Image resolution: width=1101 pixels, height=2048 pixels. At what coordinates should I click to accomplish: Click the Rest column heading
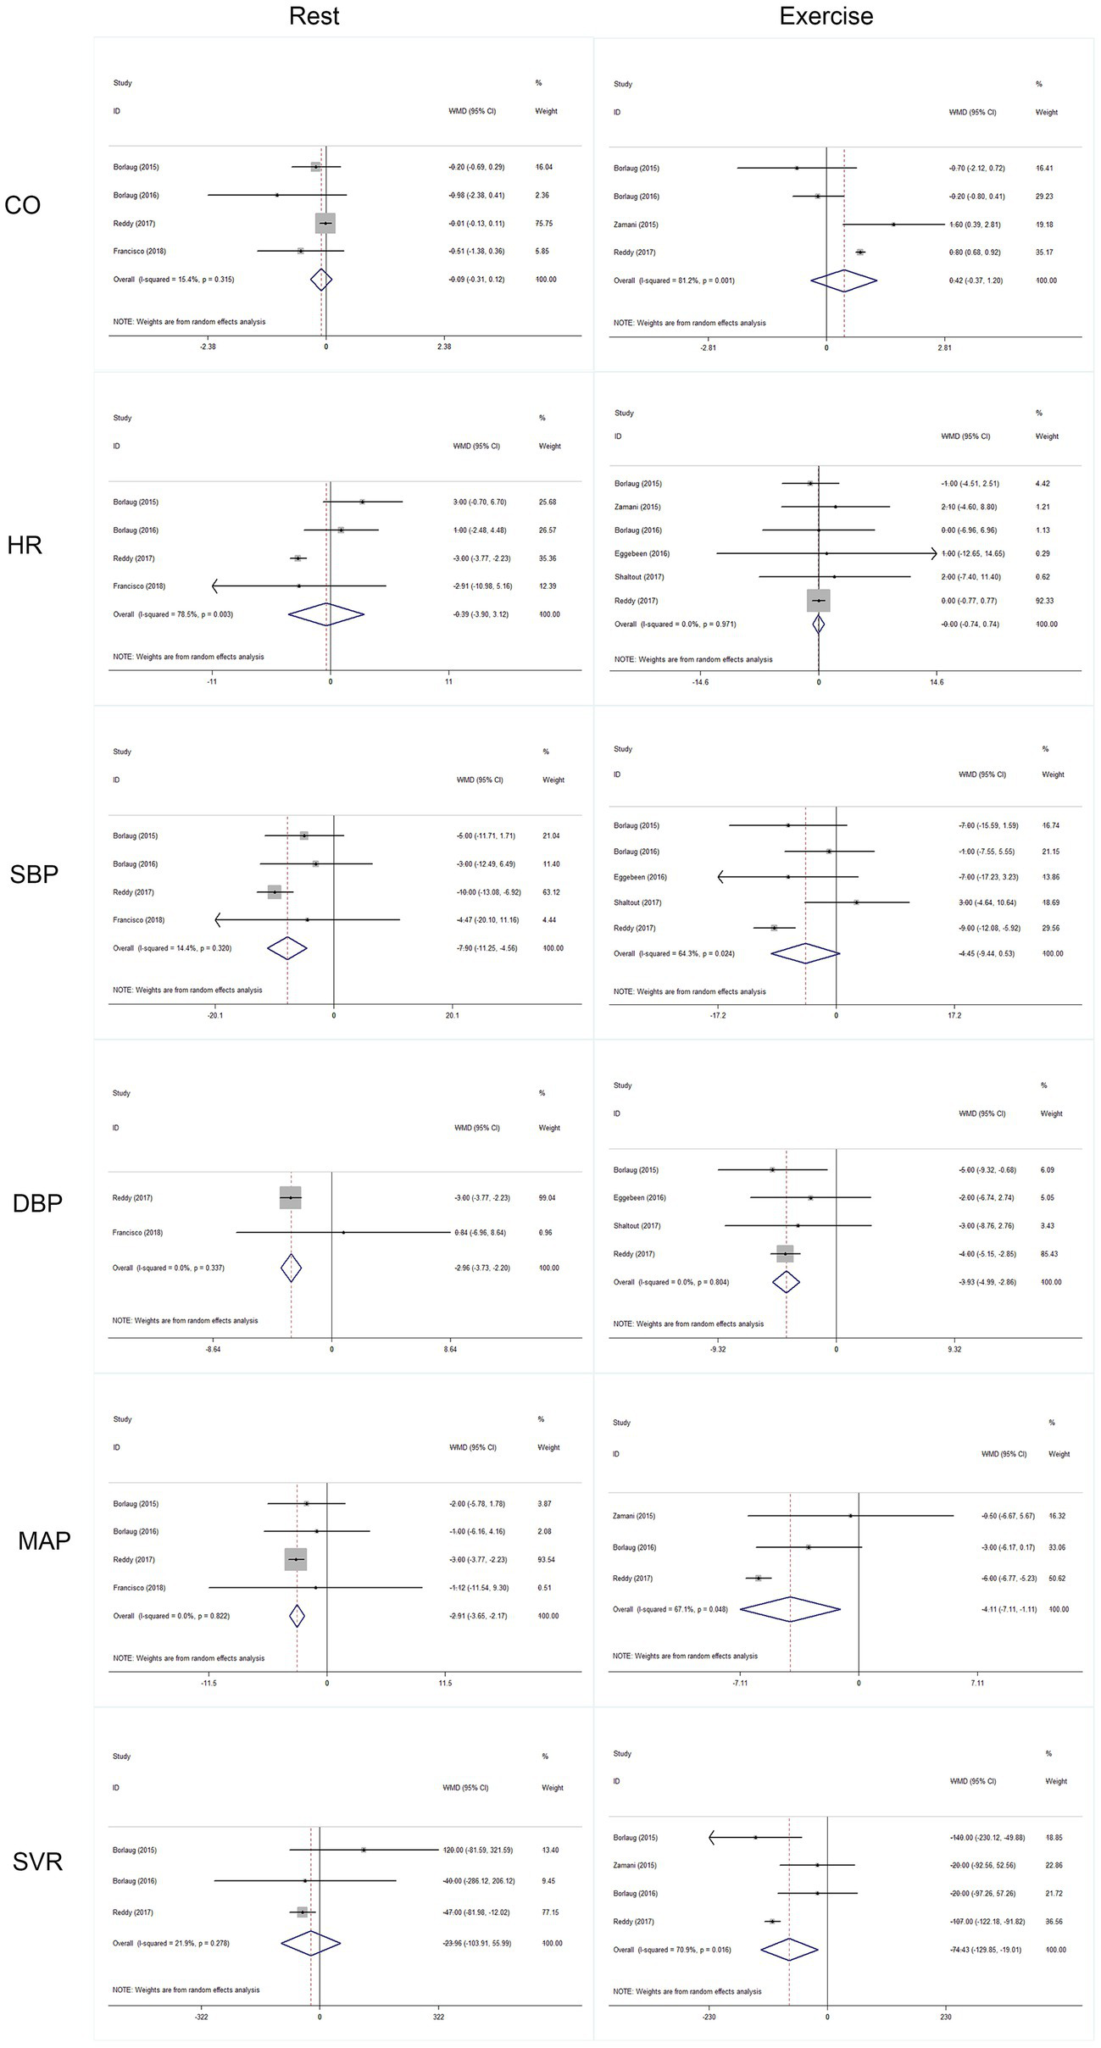pyautogui.click(x=314, y=16)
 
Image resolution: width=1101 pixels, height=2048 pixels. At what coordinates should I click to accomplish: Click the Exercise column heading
pyautogui.click(x=826, y=16)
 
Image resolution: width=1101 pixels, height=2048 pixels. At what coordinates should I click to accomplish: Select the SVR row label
pyautogui.click(x=37, y=1862)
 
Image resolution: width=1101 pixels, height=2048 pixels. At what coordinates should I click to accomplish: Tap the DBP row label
pyautogui.click(x=37, y=1202)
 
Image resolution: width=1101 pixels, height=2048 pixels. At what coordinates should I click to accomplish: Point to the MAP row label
pyautogui.click(x=44, y=1540)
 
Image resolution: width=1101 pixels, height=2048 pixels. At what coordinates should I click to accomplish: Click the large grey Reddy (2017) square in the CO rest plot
pyautogui.click(x=325, y=223)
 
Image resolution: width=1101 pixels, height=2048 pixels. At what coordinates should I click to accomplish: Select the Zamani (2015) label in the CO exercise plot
pyautogui.click(x=636, y=225)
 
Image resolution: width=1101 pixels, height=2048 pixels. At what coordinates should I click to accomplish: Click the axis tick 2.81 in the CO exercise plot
pyautogui.click(x=944, y=347)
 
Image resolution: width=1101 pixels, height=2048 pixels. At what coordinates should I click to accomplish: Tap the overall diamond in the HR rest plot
pyautogui.click(x=326, y=614)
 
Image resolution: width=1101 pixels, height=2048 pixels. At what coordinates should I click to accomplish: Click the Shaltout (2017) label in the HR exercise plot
pyautogui.click(x=639, y=577)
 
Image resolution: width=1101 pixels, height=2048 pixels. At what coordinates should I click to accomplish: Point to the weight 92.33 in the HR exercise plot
pyautogui.click(x=1047, y=601)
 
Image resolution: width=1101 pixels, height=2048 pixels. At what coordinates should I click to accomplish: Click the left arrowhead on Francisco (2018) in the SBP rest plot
pyautogui.click(x=218, y=919)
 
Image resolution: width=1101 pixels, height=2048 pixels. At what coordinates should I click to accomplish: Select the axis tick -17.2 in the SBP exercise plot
pyautogui.click(x=718, y=1015)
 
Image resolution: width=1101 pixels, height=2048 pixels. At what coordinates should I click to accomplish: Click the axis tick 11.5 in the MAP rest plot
pyautogui.click(x=445, y=1683)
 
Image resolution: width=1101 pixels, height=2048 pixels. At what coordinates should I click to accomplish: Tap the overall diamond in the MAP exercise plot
pyautogui.click(x=790, y=1609)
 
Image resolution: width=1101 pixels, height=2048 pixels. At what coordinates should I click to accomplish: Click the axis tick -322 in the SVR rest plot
pyautogui.click(x=202, y=2017)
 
